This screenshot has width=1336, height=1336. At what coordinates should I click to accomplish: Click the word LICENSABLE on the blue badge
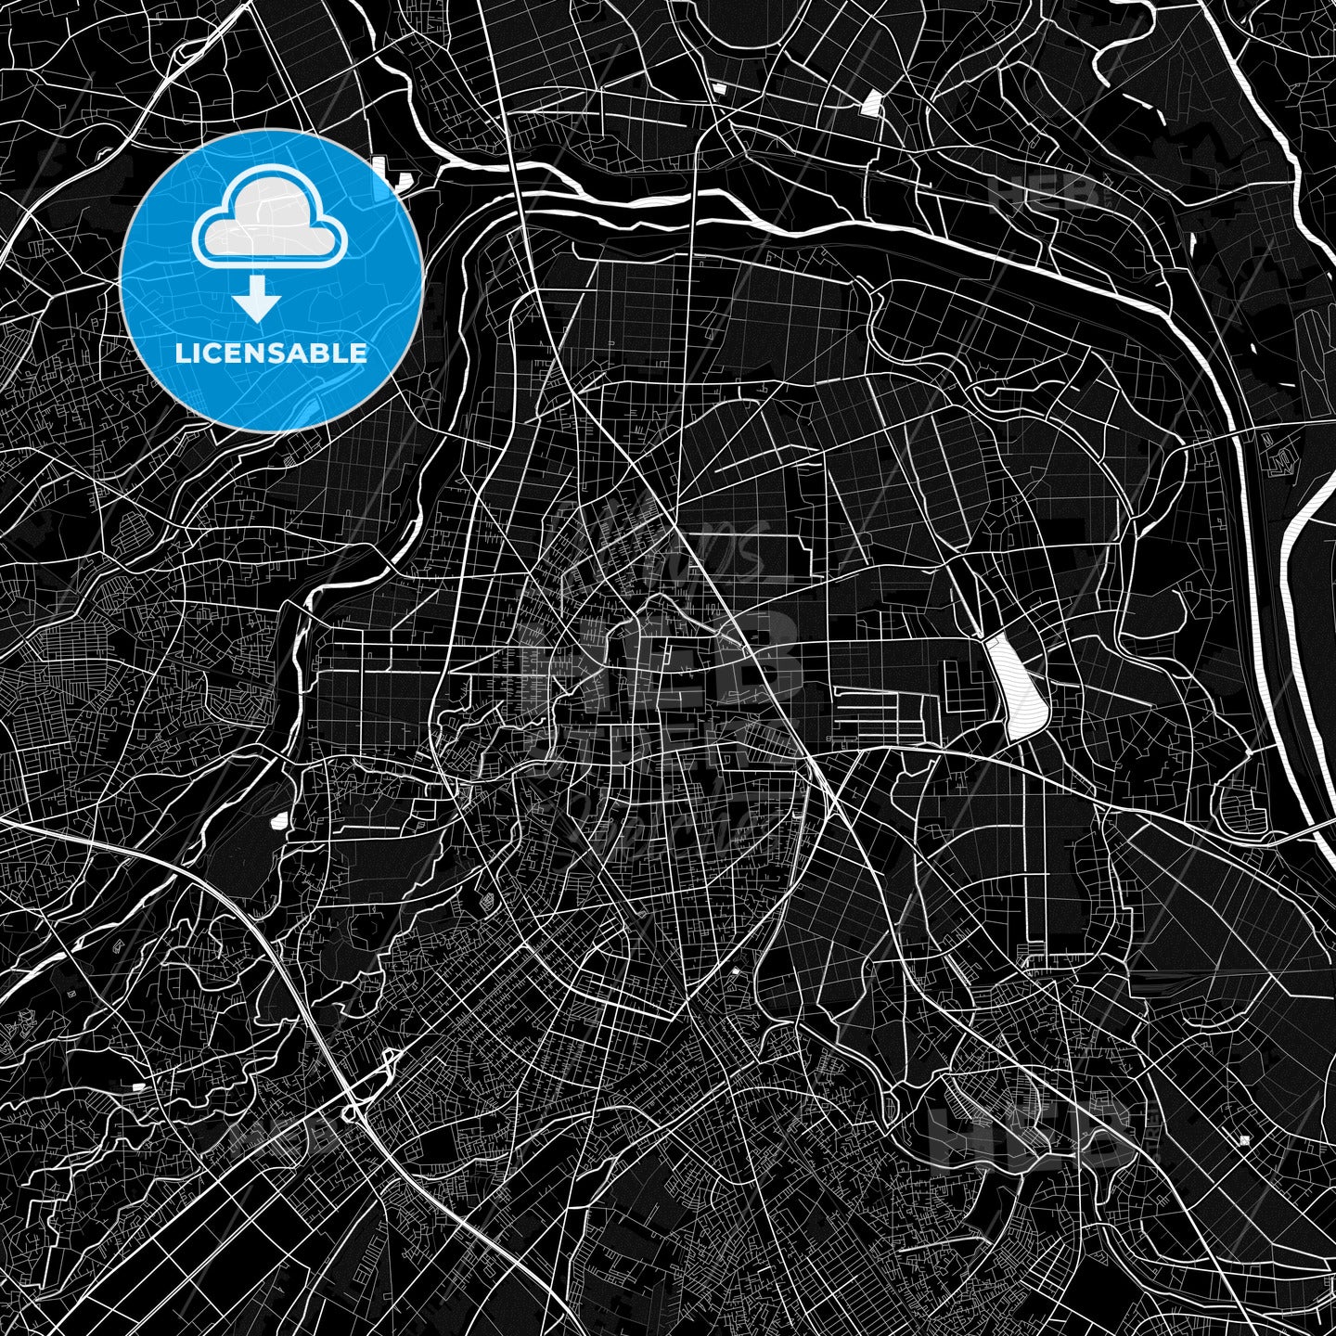[x=271, y=353]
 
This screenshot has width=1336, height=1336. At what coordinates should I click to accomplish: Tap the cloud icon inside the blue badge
[x=269, y=220]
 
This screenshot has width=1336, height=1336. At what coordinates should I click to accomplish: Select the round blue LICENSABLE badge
[x=271, y=279]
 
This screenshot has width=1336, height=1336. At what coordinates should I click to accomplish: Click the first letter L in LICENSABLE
[x=182, y=353]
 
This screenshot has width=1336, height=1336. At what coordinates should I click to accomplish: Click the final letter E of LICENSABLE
[x=358, y=353]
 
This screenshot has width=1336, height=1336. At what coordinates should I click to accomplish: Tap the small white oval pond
[x=277, y=820]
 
